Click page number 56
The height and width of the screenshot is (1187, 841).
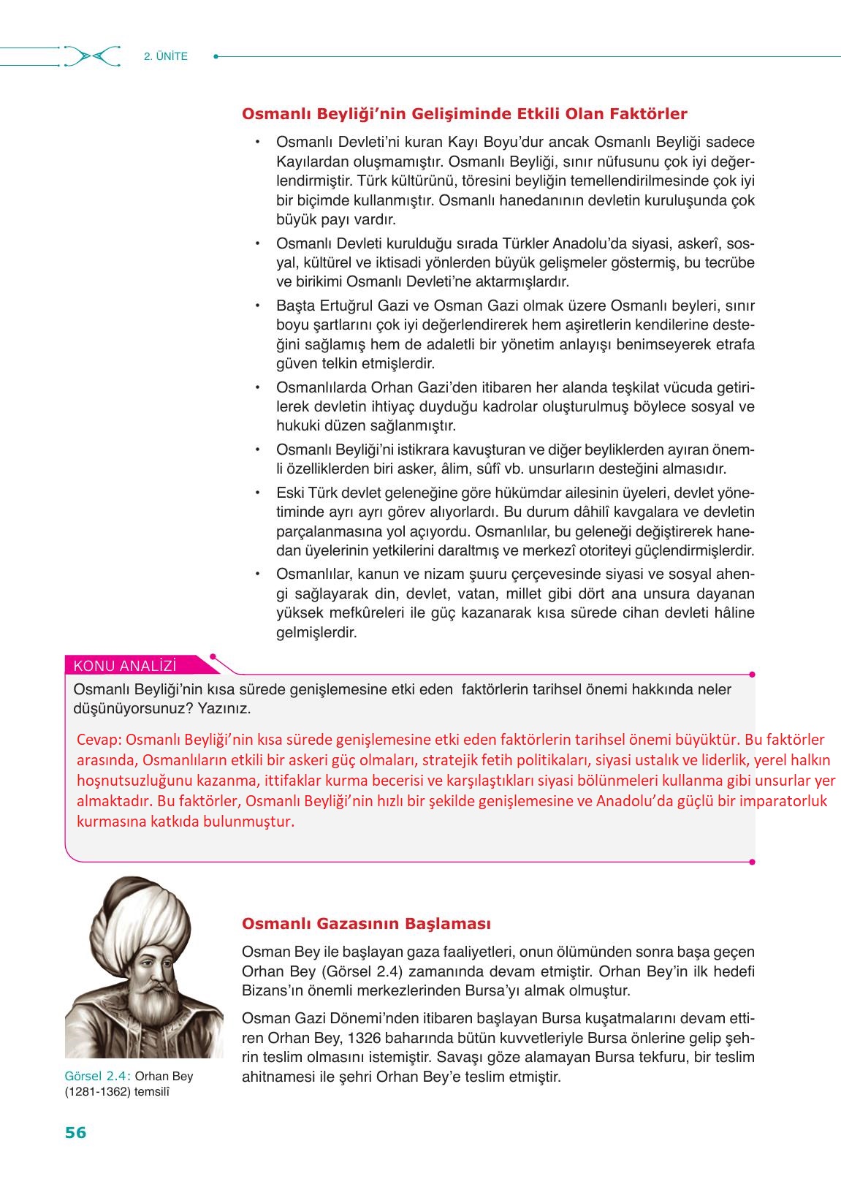75,1133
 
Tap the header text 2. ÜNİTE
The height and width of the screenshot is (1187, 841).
166,56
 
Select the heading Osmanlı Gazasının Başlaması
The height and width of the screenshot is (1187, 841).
366,924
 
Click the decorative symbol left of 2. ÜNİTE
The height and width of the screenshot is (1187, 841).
91,56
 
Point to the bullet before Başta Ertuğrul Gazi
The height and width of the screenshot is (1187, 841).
257,306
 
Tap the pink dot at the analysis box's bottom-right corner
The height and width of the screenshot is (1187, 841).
753,862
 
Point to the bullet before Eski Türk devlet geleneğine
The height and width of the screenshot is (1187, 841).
257,493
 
